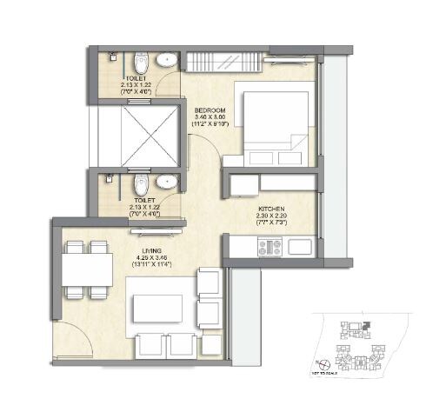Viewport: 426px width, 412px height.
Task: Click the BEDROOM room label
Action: click(210, 110)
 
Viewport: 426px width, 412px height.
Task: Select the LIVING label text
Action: click(153, 252)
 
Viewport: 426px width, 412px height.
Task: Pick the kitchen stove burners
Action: click(266, 247)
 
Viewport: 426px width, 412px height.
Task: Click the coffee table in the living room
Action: click(157, 308)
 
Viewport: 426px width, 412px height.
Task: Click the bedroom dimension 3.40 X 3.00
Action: click(210, 117)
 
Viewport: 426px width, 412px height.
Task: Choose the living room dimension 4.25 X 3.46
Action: click(153, 259)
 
